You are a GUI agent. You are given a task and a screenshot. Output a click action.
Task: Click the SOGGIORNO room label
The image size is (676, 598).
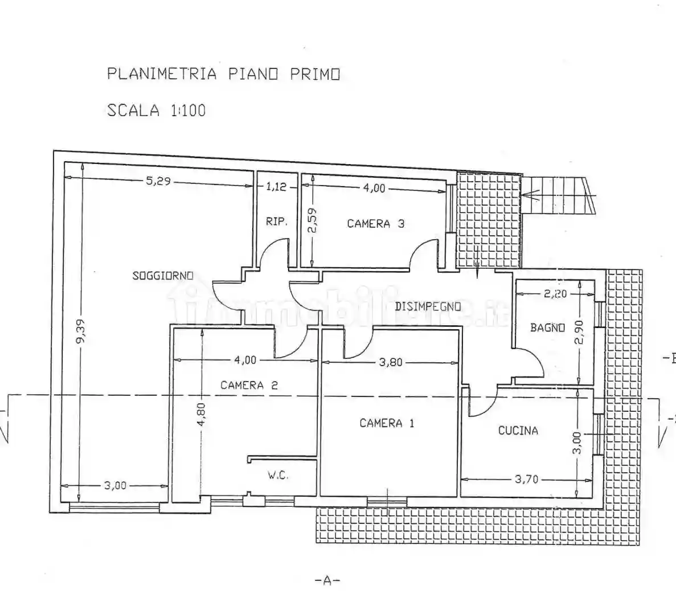tap(162, 276)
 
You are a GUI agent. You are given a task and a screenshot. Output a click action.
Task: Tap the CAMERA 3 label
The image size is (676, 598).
tap(375, 223)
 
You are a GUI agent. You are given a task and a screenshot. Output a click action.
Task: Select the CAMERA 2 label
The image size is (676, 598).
tap(249, 385)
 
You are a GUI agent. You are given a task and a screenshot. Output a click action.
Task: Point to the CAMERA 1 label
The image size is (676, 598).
tap(387, 423)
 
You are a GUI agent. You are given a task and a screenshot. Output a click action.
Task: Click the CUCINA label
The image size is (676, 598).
tap(518, 431)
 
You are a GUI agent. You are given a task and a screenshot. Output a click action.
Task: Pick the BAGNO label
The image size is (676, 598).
tap(547, 327)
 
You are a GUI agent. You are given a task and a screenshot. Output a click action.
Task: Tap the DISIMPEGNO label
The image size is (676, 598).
tap(428, 306)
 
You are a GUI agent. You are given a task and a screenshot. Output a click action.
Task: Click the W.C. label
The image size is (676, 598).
tap(278, 476)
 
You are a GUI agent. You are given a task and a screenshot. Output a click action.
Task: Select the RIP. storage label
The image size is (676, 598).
tap(276, 222)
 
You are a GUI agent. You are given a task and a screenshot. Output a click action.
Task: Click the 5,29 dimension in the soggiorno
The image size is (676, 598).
tap(158, 181)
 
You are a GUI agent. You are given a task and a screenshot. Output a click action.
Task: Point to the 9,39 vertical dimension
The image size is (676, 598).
tap(81, 331)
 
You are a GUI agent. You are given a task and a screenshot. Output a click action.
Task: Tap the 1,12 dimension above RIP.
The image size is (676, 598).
tap(276, 187)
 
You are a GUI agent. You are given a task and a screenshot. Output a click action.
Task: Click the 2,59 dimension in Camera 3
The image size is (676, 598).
tap(313, 220)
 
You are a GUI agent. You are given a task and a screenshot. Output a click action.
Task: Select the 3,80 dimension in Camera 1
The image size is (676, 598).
tap(391, 362)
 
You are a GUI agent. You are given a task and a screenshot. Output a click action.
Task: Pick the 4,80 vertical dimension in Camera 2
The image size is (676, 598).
tap(202, 415)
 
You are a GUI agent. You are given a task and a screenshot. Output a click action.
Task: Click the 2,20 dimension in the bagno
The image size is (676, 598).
tap(555, 294)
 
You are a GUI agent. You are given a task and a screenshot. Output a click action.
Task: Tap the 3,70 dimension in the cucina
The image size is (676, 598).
tap(526, 479)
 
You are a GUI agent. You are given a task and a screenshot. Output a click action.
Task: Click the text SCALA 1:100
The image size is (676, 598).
tap(157, 110)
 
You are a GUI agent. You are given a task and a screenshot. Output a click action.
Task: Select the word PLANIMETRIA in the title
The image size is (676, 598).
tap(162, 73)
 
